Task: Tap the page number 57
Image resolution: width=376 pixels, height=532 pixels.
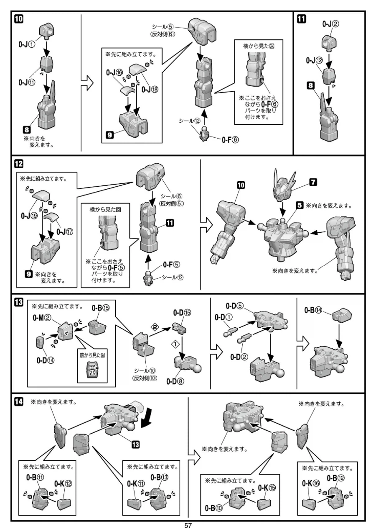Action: pyautogui.click(x=188, y=526)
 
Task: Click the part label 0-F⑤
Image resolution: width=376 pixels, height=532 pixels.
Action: pyautogui.click(x=171, y=264)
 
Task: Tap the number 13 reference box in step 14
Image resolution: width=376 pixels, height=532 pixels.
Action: pyautogui.click(x=135, y=445)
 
